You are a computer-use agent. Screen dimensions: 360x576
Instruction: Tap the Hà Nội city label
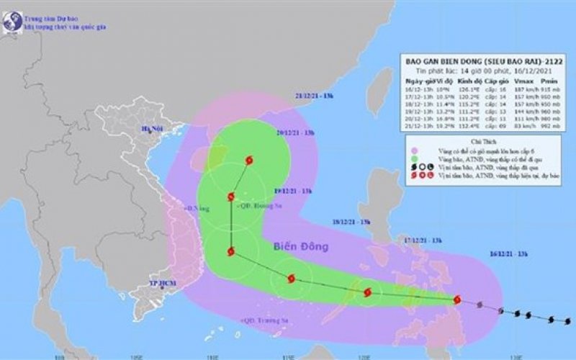click(x=153, y=130)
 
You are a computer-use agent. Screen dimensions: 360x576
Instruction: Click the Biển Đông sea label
click(x=301, y=247)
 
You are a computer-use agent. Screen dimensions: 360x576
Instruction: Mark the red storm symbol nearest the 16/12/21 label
click(x=456, y=299)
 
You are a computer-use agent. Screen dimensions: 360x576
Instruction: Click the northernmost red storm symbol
click(x=249, y=160)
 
